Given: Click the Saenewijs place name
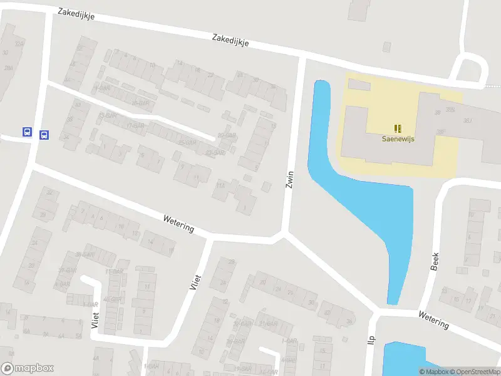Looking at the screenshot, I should pos(399,140).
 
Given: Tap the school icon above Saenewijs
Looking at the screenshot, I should pos(398,128).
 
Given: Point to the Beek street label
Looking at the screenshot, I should pos(435,261).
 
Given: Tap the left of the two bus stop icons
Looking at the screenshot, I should pos(28,132).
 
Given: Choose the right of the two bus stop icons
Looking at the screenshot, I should pos(44,135).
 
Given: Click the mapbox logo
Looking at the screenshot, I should pos(28,368).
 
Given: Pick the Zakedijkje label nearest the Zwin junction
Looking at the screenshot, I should pos(230,39).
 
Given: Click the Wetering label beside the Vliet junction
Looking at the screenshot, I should pos(178,224).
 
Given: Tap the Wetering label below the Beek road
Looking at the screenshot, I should pos(434,320).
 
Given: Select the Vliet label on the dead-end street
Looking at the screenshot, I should pos(95,320).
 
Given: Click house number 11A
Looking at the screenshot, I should pos(220,185).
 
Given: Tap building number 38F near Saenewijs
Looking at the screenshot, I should pos(441,132).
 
